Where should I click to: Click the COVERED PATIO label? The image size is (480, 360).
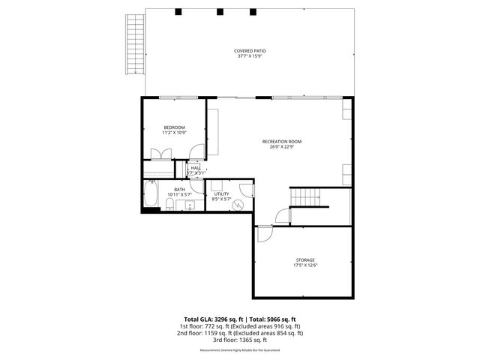pyautogui.click(x=251, y=51)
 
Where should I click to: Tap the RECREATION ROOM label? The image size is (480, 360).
pyautogui.click(x=281, y=141)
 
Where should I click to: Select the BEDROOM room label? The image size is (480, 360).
pyautogui.click(x=174, y=127)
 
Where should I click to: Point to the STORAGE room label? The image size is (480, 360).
pyautogui.click(x=304, y=260)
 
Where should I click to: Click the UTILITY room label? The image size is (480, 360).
pyautogui.click(x=220, y=194)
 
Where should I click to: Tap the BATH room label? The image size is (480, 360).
pyautogui.click(x=179, y=189)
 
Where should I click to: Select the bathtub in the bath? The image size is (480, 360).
pyautogui.click(x=151, y=196)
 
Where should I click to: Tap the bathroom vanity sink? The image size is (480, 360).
pyautogui.click(x=190, y=205)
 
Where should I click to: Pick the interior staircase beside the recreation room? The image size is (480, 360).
pyautogui.click(x=306, y=196)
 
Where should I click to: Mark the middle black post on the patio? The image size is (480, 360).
pyautogui.click(x=220, y=12)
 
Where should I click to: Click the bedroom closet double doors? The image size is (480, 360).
pyautogui.click(x=160, y=154)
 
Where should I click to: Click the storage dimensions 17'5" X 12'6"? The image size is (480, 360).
pyautogui.click(x=304, y=265)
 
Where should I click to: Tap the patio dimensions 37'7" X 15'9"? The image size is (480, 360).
pyautogui.click(x=251, y=56)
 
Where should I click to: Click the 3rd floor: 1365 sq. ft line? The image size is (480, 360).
pyautogui.click(x=240, y=340)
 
